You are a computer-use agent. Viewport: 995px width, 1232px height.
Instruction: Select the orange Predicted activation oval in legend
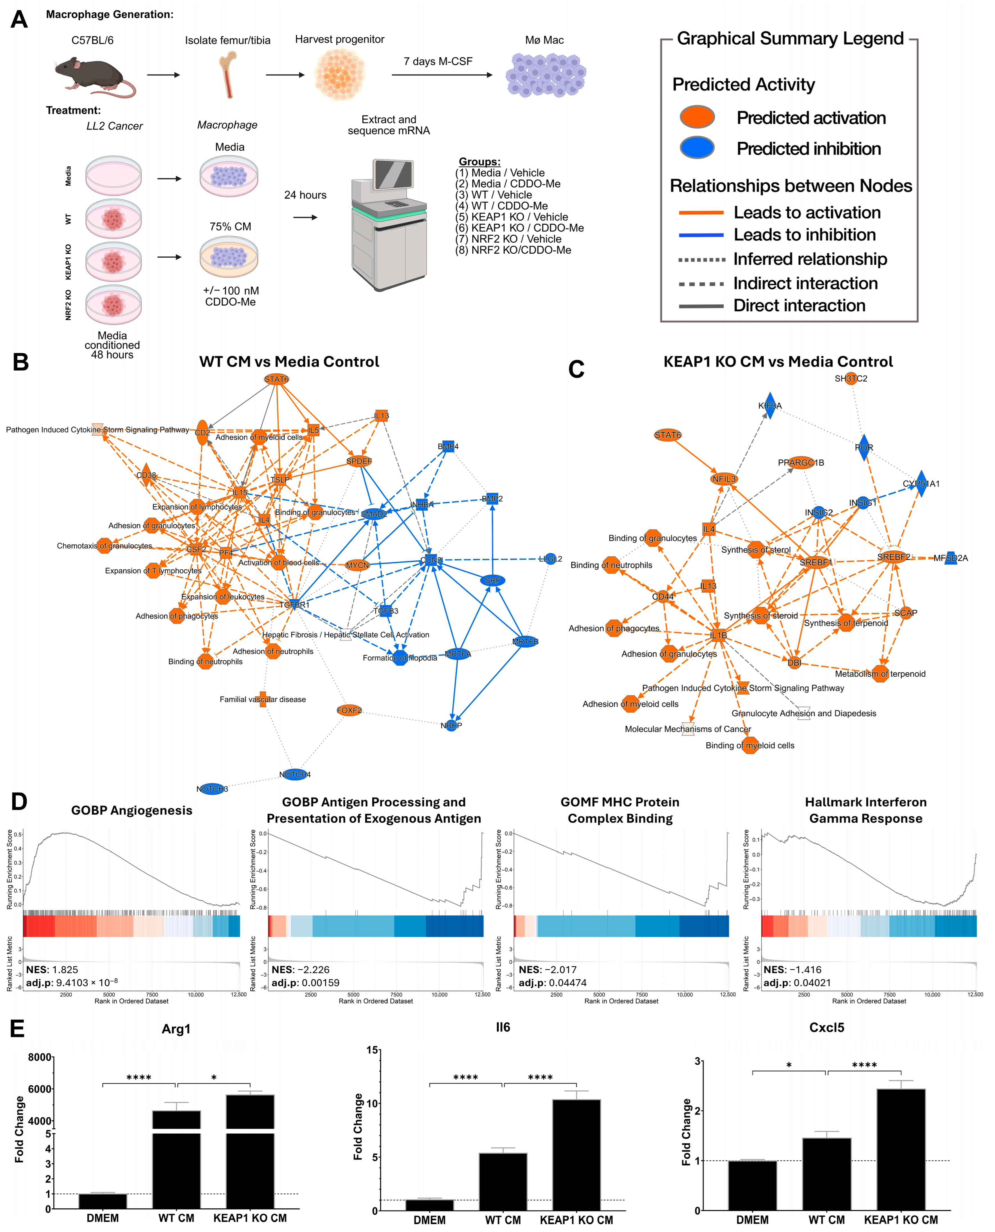(697, 117)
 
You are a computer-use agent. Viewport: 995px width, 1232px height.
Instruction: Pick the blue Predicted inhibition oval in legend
(697, 148)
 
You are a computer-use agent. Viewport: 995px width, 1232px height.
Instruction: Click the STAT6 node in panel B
(276, 379)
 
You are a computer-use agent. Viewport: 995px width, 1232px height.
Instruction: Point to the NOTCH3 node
(212, 789)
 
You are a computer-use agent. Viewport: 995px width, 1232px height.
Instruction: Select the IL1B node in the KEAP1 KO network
(718, 635)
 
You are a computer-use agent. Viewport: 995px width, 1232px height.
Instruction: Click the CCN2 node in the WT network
(431, 560)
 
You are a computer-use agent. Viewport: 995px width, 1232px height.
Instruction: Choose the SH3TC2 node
(851, 378)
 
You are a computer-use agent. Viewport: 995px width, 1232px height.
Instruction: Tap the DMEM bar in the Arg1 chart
(103, 1201)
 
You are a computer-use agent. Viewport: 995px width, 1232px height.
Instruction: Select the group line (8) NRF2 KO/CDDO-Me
(513, 250)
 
